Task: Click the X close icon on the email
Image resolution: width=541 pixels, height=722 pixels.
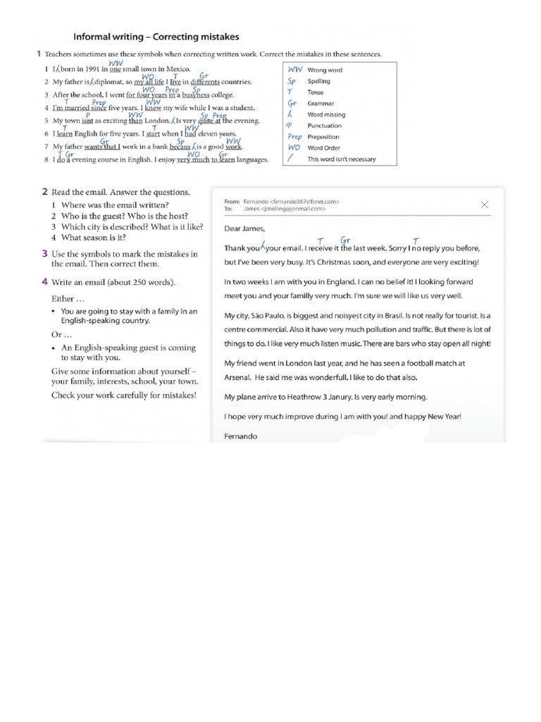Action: [485, 204]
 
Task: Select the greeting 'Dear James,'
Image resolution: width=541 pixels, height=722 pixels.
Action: [245, 228]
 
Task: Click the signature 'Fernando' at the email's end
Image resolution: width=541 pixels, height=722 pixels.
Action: [241, 436]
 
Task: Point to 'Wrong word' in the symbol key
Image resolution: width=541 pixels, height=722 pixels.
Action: [325, 71]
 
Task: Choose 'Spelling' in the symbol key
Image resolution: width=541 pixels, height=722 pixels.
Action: [318, 82]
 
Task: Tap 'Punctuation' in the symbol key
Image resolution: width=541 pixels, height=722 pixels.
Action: [324, 126]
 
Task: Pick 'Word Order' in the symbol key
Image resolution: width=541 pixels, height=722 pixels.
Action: [323, 148]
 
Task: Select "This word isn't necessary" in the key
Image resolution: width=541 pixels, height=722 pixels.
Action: [342, 159]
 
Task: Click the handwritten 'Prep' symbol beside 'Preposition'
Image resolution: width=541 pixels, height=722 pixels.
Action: [294, 137]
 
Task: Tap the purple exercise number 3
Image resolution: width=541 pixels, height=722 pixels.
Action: [44, 253]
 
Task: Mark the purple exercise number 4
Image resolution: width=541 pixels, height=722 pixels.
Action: [44, 282]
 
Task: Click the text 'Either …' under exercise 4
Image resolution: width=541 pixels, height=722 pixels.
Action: [68, 298]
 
